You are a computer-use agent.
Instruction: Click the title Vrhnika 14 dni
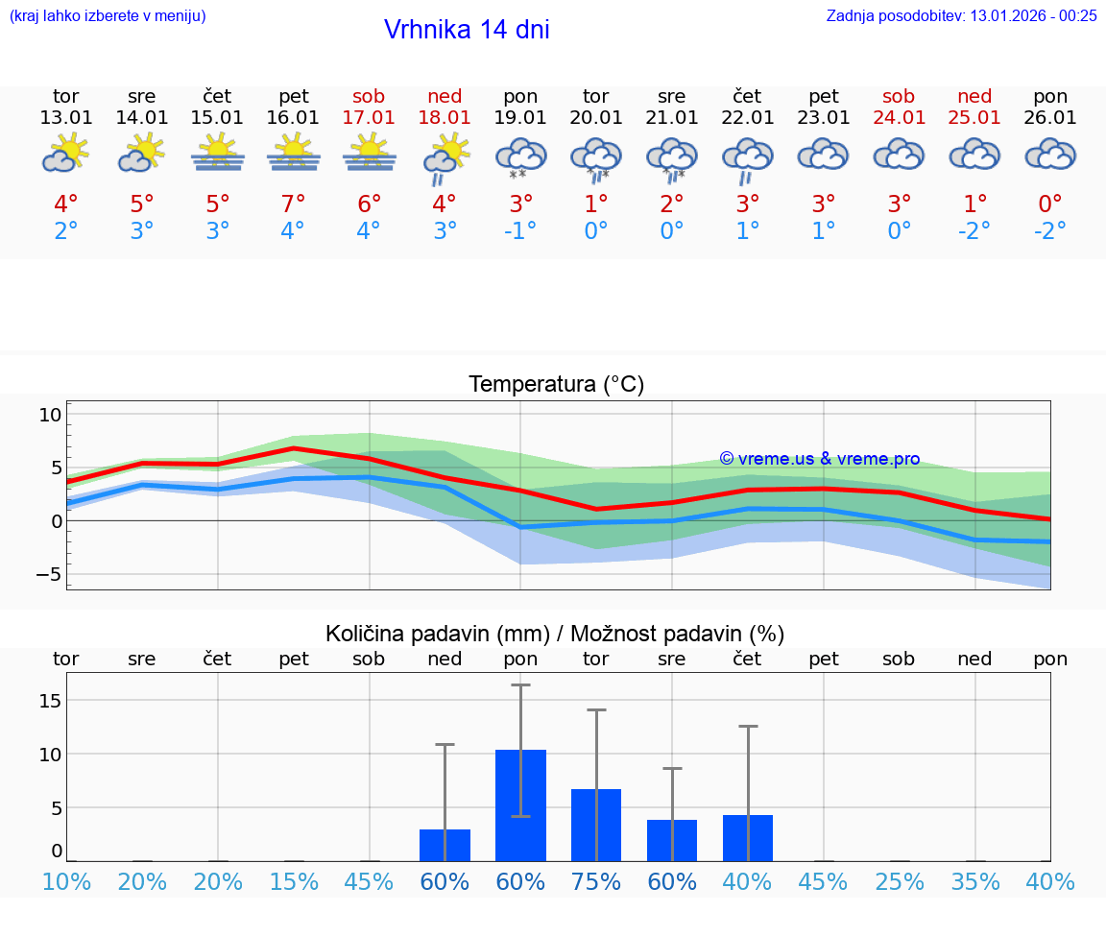point(467,30)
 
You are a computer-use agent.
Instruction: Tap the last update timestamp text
point(961,15)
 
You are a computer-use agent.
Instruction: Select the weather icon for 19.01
point(520,157)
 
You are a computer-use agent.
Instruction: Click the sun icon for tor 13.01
point(65,153)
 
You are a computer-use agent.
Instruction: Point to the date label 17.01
point(369,118)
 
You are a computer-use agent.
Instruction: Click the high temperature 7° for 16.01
point(293,204)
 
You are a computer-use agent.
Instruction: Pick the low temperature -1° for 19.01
point(520,231)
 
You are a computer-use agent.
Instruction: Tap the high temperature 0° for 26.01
point(1050,204)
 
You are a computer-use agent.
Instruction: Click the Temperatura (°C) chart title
point(556,385)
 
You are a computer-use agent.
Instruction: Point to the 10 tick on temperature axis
point(50,415)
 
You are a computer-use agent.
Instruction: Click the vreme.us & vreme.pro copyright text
point(819,459)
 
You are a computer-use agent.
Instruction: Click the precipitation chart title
point(555,634)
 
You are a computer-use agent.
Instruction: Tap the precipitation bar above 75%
point(596,825)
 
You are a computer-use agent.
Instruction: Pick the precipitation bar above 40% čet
point(748,837)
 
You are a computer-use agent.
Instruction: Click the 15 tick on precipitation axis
point(50,701)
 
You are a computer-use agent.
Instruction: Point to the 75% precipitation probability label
point(596,882)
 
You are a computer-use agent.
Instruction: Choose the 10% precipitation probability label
point(66,882)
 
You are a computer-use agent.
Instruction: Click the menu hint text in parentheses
point(108,15)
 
